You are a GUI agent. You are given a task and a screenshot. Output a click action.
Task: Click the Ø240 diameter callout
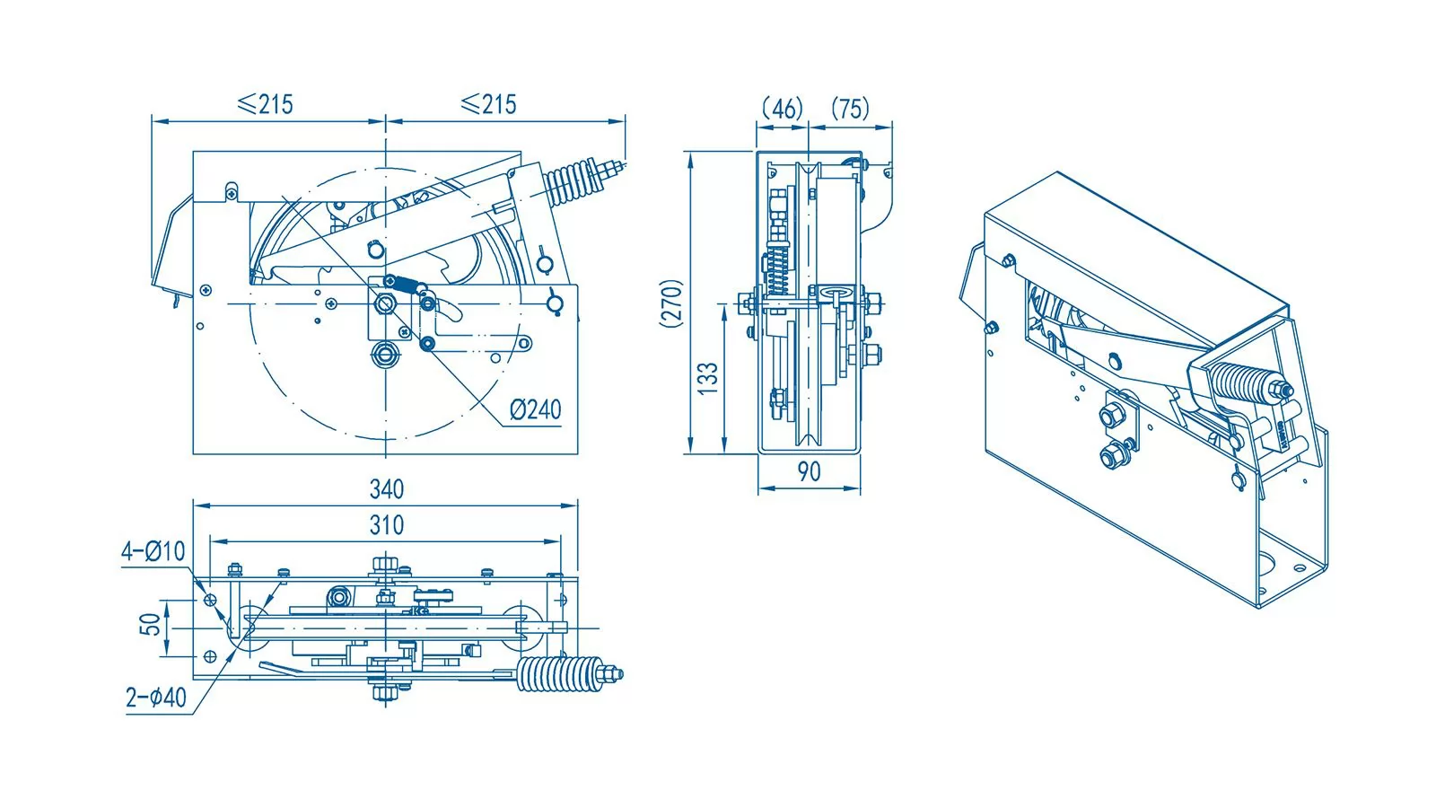[x=535, y=409]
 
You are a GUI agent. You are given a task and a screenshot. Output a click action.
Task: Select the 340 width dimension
[x=387, y=489]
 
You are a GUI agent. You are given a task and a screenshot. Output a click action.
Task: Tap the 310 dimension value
[x=387, y=525]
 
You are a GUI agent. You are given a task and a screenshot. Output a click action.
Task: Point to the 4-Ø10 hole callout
[x=153, y=551]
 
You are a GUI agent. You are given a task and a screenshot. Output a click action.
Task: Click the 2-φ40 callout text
[x=156, y=698]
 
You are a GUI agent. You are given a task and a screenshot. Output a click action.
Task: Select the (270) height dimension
[x=672, y=303]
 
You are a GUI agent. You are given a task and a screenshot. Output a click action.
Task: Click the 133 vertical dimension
[x=708, y=378]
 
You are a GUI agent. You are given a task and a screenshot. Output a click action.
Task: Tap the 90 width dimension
[x=809, y=472]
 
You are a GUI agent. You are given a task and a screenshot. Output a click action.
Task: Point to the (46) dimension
[x=782, y=109]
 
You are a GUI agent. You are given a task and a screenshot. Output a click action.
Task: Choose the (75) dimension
[x=850, y=109]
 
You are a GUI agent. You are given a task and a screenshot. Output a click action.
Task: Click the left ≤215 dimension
[x=265, y=104]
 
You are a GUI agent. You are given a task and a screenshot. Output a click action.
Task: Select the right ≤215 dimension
[x=489, y=104]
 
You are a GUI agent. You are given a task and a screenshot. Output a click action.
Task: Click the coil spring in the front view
[x=573, y=183]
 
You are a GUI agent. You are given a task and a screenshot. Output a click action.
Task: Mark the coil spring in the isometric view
[x=1244, y=383]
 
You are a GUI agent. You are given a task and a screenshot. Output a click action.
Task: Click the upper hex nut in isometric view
[x=1110, y=416]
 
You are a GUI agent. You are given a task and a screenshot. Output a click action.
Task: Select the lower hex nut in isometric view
[x=1113, y=454]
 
